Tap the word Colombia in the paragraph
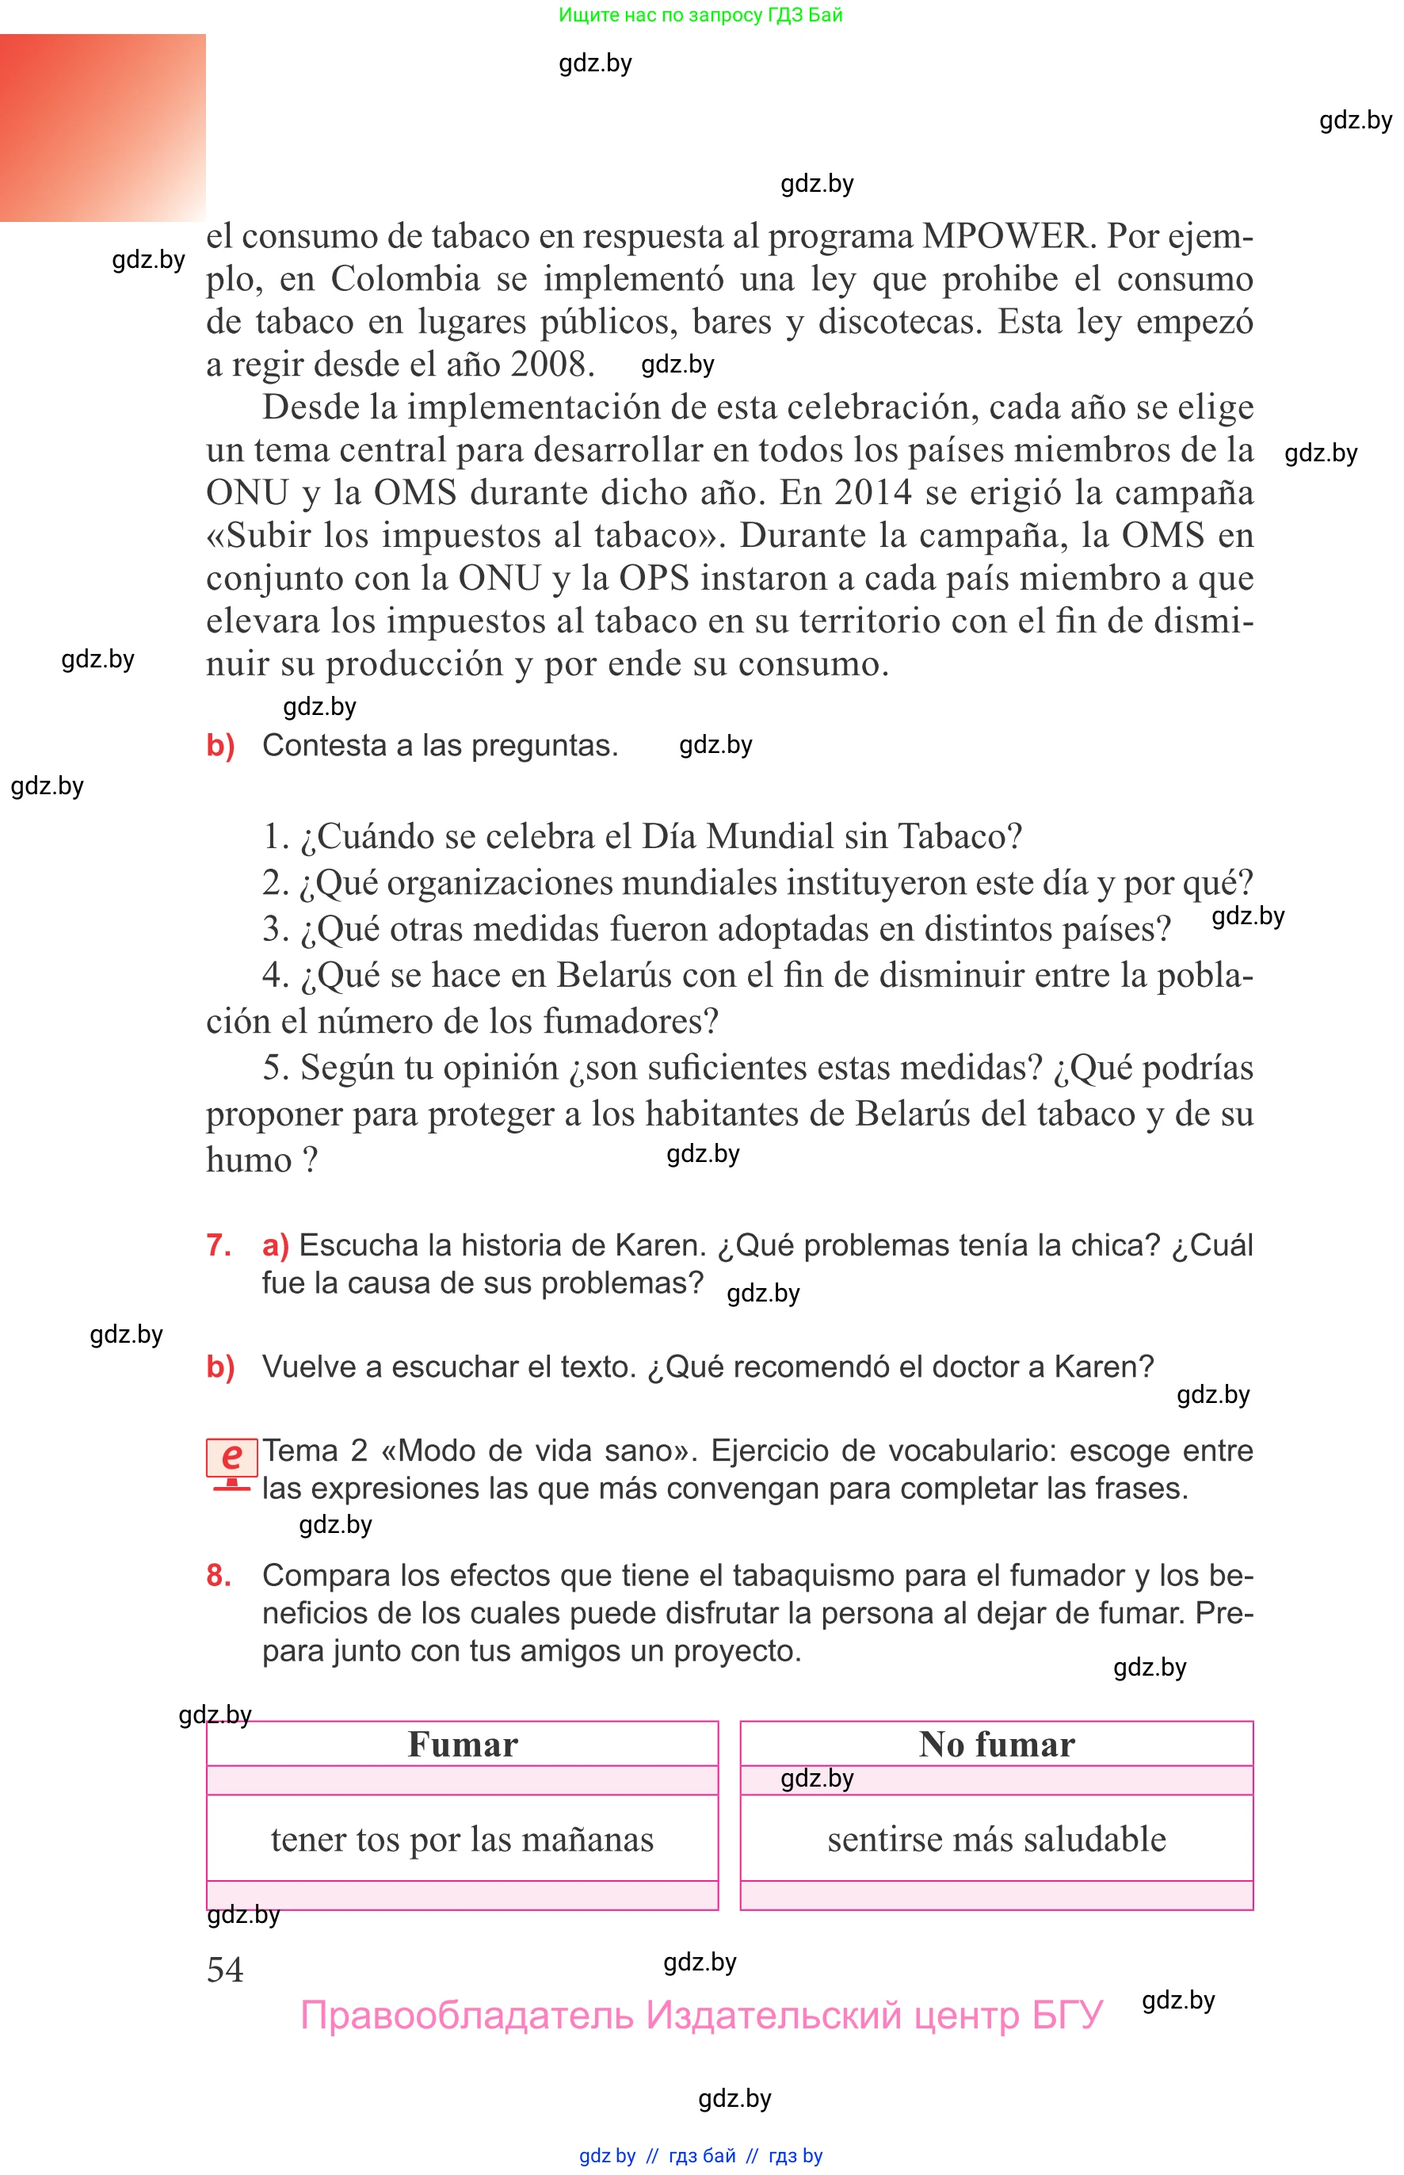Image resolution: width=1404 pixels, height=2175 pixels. [405, 279]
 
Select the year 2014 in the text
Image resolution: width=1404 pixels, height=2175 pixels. [872, 493]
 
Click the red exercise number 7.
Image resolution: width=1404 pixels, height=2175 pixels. [219, 1246]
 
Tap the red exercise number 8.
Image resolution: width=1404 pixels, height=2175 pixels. [219, 1576]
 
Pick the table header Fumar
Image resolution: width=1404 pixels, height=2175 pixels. [462, 1745]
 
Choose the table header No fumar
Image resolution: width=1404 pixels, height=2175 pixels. [997, 1745]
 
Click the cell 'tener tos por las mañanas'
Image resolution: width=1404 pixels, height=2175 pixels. [462, 1841]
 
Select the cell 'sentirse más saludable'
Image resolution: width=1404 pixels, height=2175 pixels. [997, 1841]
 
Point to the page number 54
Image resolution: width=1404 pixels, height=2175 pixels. [225, 1970]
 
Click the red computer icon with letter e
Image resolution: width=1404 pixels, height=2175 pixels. [231, 1461]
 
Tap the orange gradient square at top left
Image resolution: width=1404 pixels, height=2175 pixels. [102, 128]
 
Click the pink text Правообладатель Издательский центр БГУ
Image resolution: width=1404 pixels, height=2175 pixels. [701, 2016]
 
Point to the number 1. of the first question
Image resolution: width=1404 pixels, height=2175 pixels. [275, 837]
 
